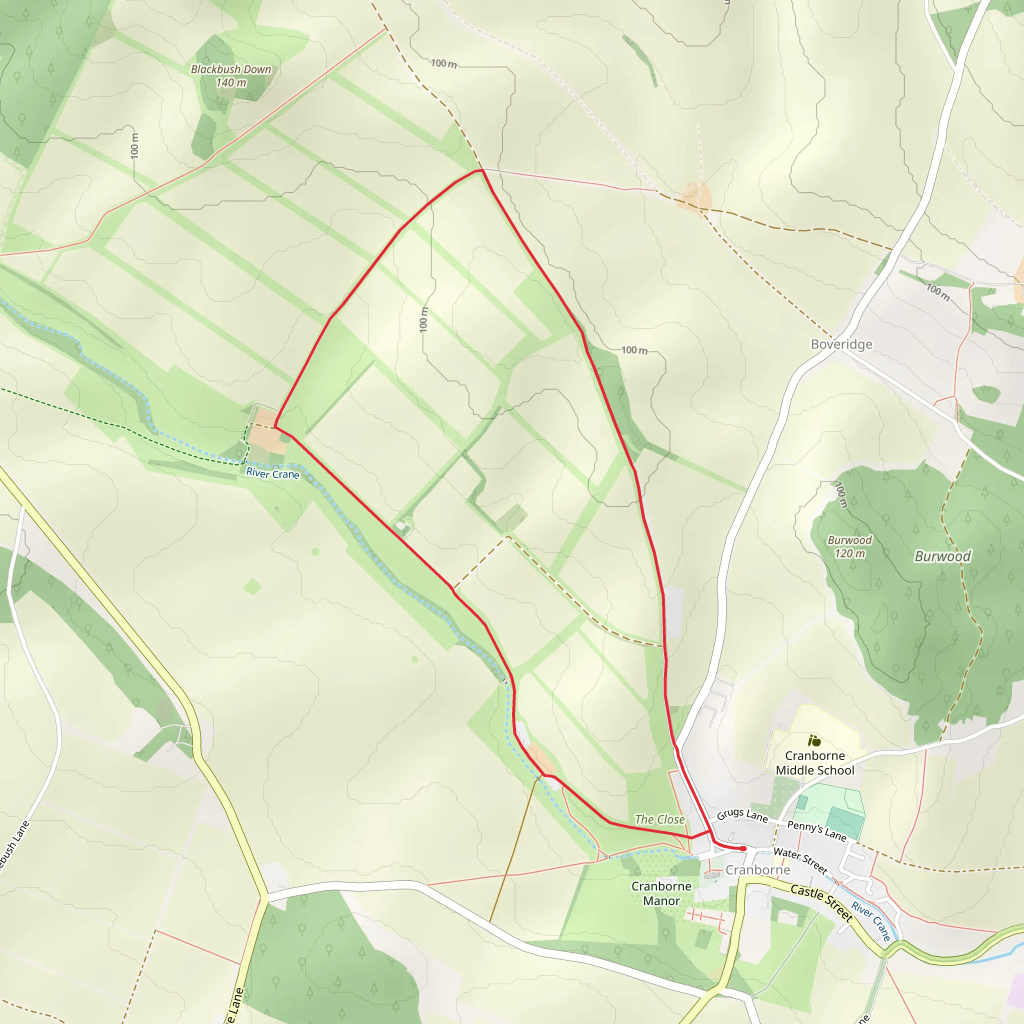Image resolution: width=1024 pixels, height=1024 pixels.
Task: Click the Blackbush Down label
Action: click(230, 69)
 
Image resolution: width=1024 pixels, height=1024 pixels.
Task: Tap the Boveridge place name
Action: click(841, 344)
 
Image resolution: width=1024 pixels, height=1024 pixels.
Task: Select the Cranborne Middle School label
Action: click(815, 762)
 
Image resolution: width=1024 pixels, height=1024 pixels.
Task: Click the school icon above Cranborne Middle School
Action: click(814, 740)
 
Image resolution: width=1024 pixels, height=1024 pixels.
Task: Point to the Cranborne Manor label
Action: click(661, 893)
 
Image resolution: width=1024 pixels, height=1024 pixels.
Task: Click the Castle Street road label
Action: click(821, 902)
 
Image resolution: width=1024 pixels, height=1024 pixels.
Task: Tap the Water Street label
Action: click(800, 860)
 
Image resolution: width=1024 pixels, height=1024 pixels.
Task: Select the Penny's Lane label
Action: click(817, 830)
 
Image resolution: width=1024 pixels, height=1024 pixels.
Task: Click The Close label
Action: click(660, 819)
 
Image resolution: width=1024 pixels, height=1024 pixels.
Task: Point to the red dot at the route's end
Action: click(743, 848)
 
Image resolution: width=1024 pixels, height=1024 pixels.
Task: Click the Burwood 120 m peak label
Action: click(849, 546)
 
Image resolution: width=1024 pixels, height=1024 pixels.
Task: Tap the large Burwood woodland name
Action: click(942, 556)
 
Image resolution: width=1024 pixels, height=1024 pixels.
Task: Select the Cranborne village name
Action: click(757, 870)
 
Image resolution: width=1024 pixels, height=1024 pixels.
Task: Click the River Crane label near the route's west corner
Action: click(272, 473)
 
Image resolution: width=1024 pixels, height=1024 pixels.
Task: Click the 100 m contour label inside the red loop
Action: click(423, 319)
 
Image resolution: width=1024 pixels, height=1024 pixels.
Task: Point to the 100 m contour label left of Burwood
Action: click(840, 494)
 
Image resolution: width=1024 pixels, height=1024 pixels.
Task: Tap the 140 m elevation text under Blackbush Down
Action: click(231, 82)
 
